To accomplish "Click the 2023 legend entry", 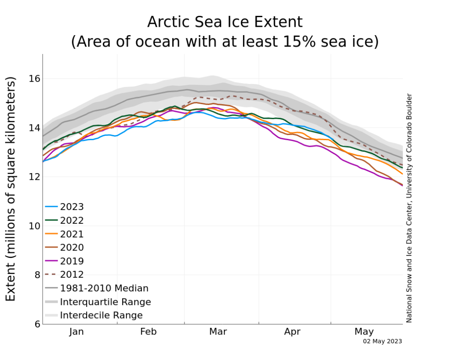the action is [x=64, y=207].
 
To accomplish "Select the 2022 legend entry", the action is [x=64, y=220].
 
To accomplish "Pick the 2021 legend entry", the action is [x=64, y=234].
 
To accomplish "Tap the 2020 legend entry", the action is [x=64, y=247].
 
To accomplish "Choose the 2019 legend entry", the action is [x=64, y=261].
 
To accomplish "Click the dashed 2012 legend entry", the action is [x=64, y=274].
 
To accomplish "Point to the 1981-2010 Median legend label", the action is [x=104, y=288].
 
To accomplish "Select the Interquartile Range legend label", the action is [x=105, y=302].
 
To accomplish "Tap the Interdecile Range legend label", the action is [x=102, y=315].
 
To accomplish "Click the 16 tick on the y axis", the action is [x=34, y=78].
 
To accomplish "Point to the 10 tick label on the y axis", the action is [x=34, y=226].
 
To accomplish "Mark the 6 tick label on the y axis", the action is [x=37, y=324].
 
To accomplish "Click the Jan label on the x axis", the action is [x=76, y=331].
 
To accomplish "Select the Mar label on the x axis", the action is [x=218, y=331].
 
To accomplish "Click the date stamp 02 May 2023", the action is [x=383, y=342].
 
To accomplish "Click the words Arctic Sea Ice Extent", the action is [x=225, y=22].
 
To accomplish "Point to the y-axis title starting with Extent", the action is [x=11, y=189].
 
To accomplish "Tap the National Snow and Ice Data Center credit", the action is [x=409, y=208].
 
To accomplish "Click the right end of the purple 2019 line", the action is [x=403, y=186].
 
